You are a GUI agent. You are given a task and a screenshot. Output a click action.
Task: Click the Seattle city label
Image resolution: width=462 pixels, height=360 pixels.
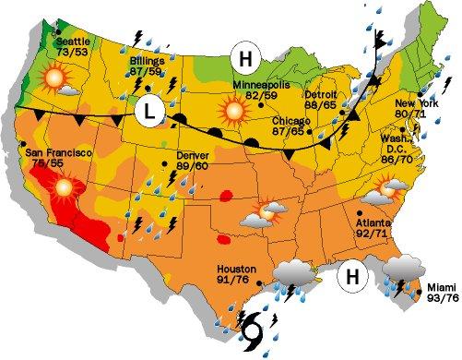[74, 42]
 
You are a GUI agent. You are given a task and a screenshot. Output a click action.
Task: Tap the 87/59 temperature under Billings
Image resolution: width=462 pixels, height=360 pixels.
[147, 70]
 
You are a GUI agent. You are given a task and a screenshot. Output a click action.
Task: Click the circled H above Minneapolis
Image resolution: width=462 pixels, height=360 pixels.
[245, 58]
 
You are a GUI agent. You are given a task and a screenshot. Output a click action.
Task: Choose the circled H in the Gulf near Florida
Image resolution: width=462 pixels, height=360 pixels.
[351, 275]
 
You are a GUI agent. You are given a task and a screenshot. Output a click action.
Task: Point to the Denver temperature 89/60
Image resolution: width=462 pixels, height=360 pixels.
[192, 166]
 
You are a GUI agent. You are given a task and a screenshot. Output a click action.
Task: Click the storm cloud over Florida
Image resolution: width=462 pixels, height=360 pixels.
[404, 267]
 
